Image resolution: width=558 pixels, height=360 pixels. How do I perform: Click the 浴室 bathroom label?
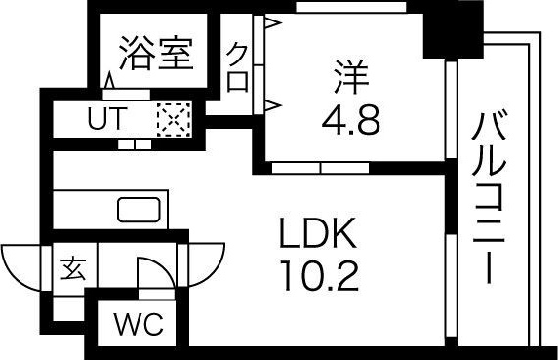pyautogui.click(x=155, y=54)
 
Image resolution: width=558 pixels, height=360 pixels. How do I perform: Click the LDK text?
pyautogui.click(x=321, y=234)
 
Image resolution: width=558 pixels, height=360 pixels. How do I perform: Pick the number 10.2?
pyautogui.click(x=321, y=276)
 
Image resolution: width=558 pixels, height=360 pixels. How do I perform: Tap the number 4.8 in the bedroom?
pyautogui.click(x=349, y=118)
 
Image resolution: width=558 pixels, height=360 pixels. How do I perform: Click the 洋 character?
pyautogui.click(x=349, y=73)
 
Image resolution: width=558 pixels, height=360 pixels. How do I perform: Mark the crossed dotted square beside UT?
pyautogui.click(x=175, y=122)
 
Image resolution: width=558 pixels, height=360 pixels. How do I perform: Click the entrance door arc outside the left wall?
pyautogui.click(x=21, y=265)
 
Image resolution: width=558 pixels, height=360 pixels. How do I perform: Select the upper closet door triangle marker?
pyautogui.click(x=274, y=21)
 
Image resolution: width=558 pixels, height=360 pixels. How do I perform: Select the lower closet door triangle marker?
pyautogui.click(x=274, y=101)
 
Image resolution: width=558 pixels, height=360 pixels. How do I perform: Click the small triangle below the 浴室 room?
pyautogui.click(x=107, y=82)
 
